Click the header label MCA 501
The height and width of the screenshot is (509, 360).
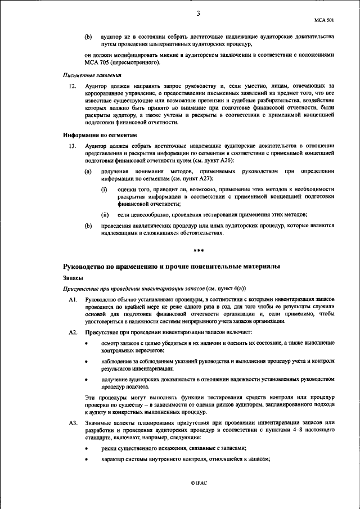tap(326, 19)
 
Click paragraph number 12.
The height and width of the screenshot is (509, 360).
tap(71, 86)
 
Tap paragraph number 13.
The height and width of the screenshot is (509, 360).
tap(71, 146)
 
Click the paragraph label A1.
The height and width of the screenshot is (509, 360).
tap(72, 300)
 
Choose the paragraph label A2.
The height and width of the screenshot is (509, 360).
tap(72, 332)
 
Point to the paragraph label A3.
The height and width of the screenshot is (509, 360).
tap(72, 422)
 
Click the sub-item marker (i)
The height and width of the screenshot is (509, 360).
tap(104, 189)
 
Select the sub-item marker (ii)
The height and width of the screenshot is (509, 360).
tap(105, 215)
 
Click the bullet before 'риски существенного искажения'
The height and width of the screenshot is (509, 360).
tap(86, 448)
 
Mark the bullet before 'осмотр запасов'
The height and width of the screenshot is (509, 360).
tap(86, 343)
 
